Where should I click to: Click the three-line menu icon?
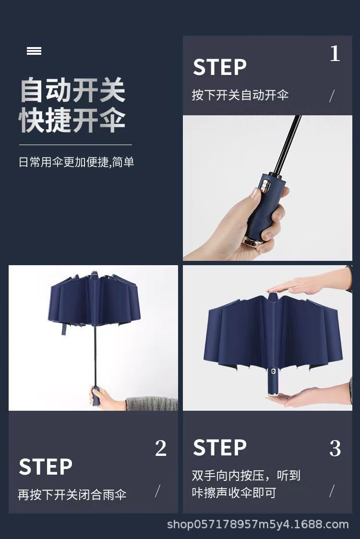34,51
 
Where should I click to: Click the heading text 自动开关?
72,90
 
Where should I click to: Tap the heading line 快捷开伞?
72,121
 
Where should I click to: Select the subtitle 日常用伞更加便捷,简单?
76,162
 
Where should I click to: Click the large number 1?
335,54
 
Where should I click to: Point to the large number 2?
161,449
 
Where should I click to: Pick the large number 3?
335,449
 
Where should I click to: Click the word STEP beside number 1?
219,67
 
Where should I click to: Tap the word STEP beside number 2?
46,467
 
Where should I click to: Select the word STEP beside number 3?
219,448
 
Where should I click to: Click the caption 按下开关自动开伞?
240,95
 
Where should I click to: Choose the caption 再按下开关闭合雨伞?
72,495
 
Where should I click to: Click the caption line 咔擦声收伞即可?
234,493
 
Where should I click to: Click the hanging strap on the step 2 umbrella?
61,329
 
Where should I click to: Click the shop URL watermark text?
258,524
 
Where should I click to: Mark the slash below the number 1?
332,96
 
